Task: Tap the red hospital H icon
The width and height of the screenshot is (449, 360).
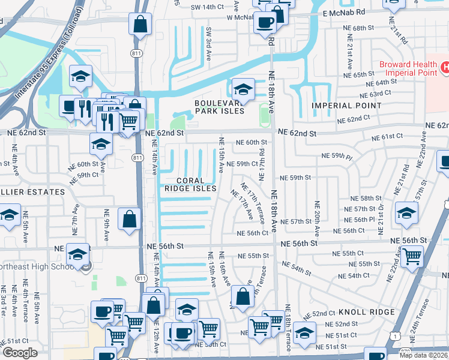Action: pos(445,68)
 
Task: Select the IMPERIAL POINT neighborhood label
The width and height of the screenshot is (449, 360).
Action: pos(346,106)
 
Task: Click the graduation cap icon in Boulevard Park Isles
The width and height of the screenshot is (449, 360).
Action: pos(243,89)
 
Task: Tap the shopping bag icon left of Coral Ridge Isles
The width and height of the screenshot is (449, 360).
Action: pos(130,219)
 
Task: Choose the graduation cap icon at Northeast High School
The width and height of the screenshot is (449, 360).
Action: pos(77,254)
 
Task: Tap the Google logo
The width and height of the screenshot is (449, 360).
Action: pos(20,353)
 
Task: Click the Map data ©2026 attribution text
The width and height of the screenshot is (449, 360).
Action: pos(423,355)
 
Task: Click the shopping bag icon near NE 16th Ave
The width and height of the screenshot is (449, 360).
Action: pos(243,296)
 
